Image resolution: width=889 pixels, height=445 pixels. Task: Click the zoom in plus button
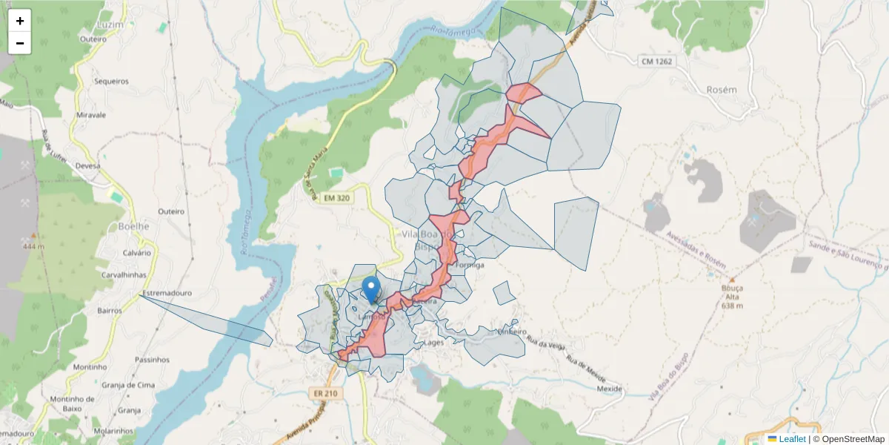coord(20,21)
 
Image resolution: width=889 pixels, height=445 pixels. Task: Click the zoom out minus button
coord(20,43)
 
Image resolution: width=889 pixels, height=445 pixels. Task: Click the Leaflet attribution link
coord(792,439)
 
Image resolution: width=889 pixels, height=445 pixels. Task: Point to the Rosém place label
coord(722,90)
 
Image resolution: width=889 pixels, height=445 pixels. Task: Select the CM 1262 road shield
coord(657,62)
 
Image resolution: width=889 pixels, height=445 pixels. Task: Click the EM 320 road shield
coord(337,198)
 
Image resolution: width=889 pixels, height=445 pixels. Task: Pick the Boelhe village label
coord(133,226)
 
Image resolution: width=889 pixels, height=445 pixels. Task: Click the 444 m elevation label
coord(34,246)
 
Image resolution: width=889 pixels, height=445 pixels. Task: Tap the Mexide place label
coord(609,389)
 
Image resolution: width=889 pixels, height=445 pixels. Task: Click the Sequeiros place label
coord(111,82)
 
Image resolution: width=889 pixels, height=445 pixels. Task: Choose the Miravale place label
coord(91,115)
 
